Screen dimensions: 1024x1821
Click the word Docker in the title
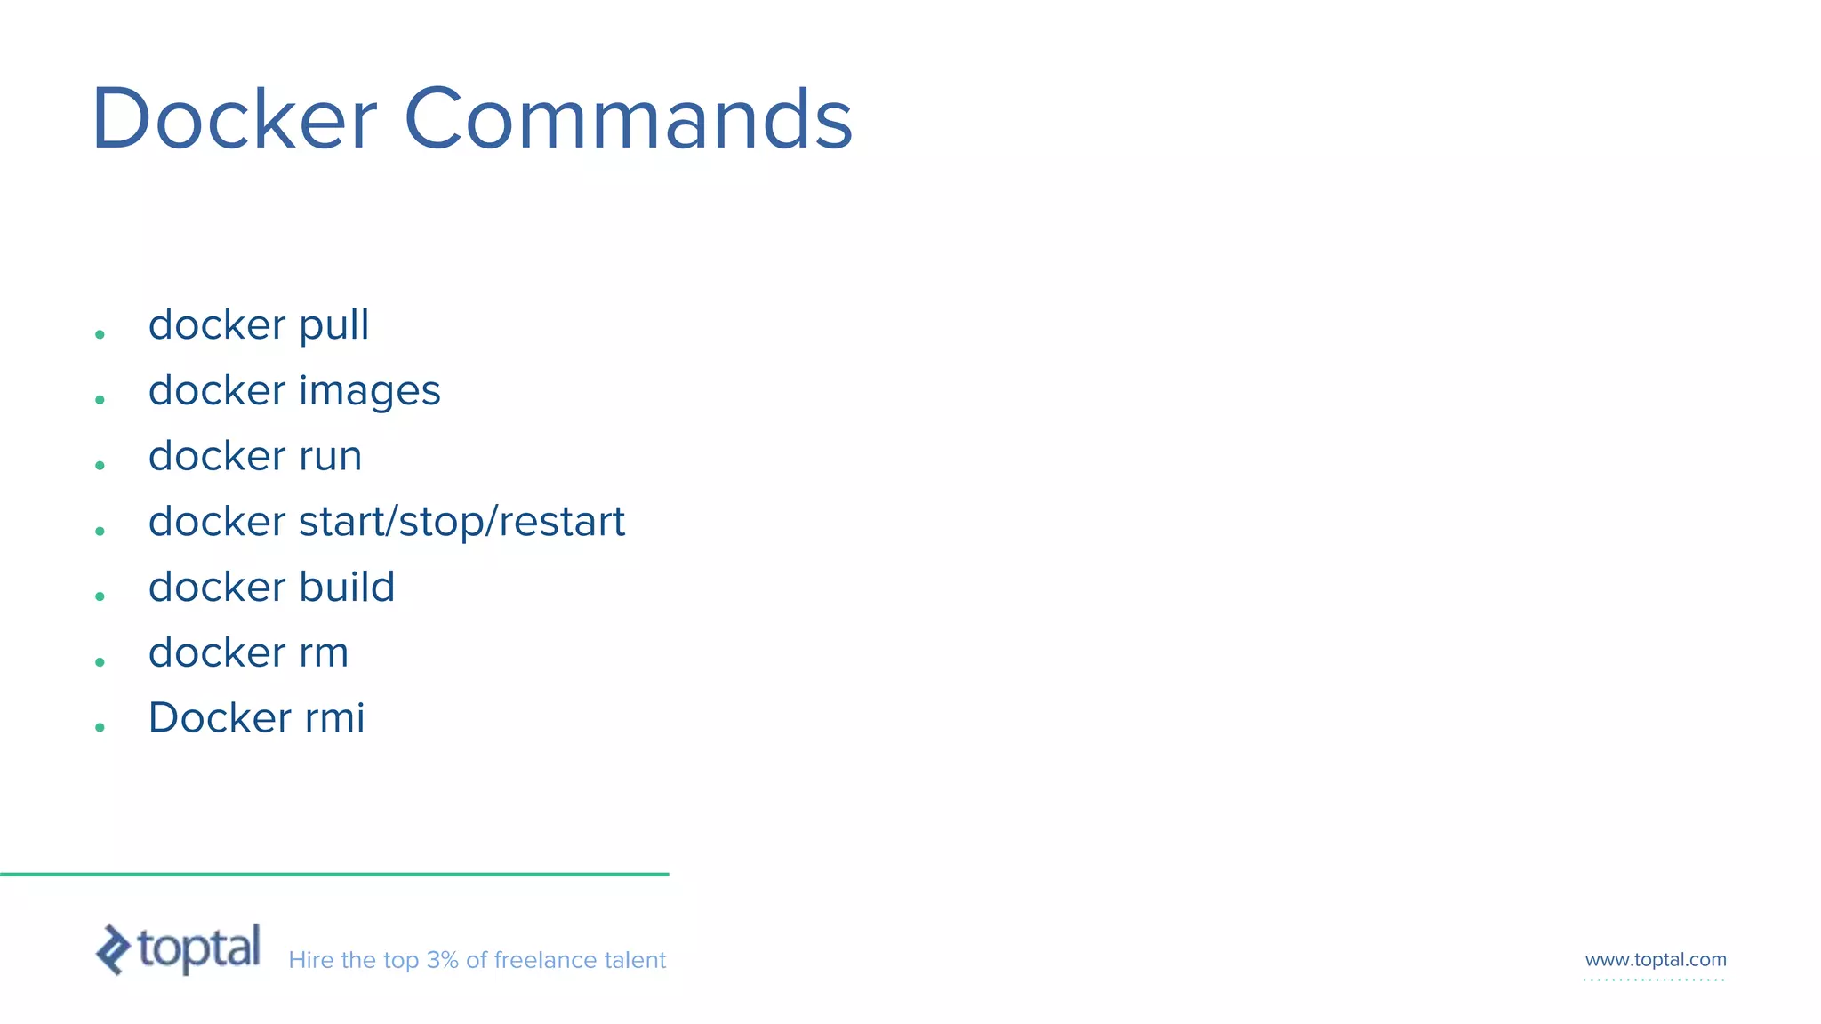coord(234,119)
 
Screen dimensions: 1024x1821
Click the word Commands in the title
coord(628,119)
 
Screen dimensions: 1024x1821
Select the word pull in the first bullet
coord(333,326)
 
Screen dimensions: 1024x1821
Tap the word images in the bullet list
coord(369,392)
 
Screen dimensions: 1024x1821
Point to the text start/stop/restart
coord(461,522)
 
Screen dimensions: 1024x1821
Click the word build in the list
coord(347,588)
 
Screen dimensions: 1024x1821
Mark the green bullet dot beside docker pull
coord(100,335)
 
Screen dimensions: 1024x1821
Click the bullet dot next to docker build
coord(100,596)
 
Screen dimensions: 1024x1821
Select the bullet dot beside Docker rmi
coord(100,727)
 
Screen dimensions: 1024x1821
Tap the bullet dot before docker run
coord(100,466)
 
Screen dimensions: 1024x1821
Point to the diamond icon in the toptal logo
coord(113,949)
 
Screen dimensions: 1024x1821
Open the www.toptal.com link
coord(1655,960)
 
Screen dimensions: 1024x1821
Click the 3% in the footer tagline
coord(442,961)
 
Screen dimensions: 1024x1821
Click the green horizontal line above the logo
coord(334,875)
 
